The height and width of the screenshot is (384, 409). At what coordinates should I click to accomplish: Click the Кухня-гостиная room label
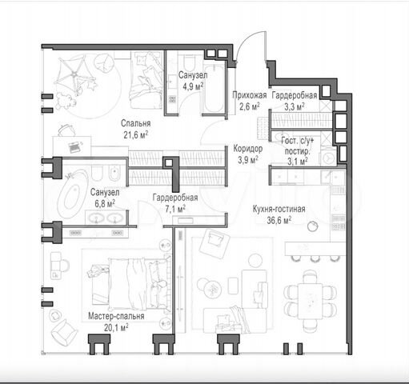[x=279, y=209]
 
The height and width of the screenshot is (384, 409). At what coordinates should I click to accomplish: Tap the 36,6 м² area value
[x=279, y=220]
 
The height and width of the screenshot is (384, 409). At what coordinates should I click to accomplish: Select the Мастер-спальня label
[x=116, y=316]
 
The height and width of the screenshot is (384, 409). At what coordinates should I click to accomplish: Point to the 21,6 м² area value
[x=135, y=135]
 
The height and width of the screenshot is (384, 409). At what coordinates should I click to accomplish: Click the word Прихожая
[x=249, y=95]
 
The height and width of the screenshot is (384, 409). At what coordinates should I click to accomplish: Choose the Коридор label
[x=248, y=149]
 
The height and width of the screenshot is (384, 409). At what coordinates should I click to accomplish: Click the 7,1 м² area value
[x=175, y=209]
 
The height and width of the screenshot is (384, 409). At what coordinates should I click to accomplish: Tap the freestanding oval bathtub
[x=72, y=194]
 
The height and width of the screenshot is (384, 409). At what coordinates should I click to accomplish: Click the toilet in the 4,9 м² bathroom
[x=190, y=62]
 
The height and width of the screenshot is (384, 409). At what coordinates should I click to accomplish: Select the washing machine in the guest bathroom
[x=328, y=158]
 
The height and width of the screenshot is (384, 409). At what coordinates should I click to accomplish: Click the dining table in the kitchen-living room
[x=310, y=301]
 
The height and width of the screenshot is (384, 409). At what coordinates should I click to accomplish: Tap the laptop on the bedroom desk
[x=74, y=146]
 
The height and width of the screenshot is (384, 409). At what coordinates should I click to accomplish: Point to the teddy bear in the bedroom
[x=65, y=101]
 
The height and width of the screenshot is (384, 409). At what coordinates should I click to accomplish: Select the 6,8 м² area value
[x=105, y=204]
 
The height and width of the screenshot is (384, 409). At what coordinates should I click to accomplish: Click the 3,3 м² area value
[x=295, y=106]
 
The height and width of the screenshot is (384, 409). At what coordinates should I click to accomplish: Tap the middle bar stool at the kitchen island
[x=315, y=258]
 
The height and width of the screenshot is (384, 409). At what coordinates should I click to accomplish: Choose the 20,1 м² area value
[x=116, y=327]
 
